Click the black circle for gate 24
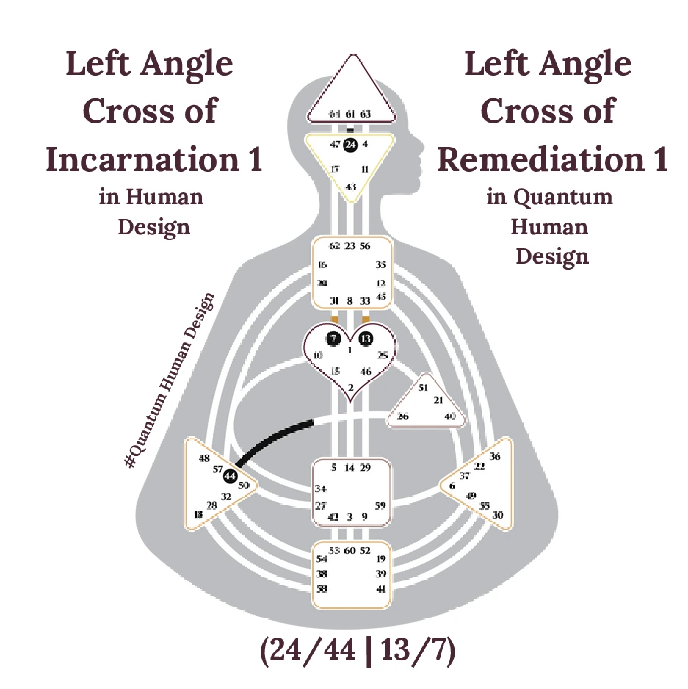tap(350, 144)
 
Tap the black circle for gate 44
tap(231, 476)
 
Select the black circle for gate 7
tap(333, 339)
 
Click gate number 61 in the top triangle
tap(350, 114)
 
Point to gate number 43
tap(351, 187)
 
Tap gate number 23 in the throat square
tap(350, 246)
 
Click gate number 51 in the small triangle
tap(423, 387)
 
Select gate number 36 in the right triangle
tap(495, 456)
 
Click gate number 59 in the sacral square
tap(380, 505)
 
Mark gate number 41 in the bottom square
tap(380, 589)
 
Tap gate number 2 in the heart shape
tap(350, 387)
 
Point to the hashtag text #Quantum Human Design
tap(170, 381)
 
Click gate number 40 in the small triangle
tap(451, 416)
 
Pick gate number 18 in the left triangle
tap(198, 514)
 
